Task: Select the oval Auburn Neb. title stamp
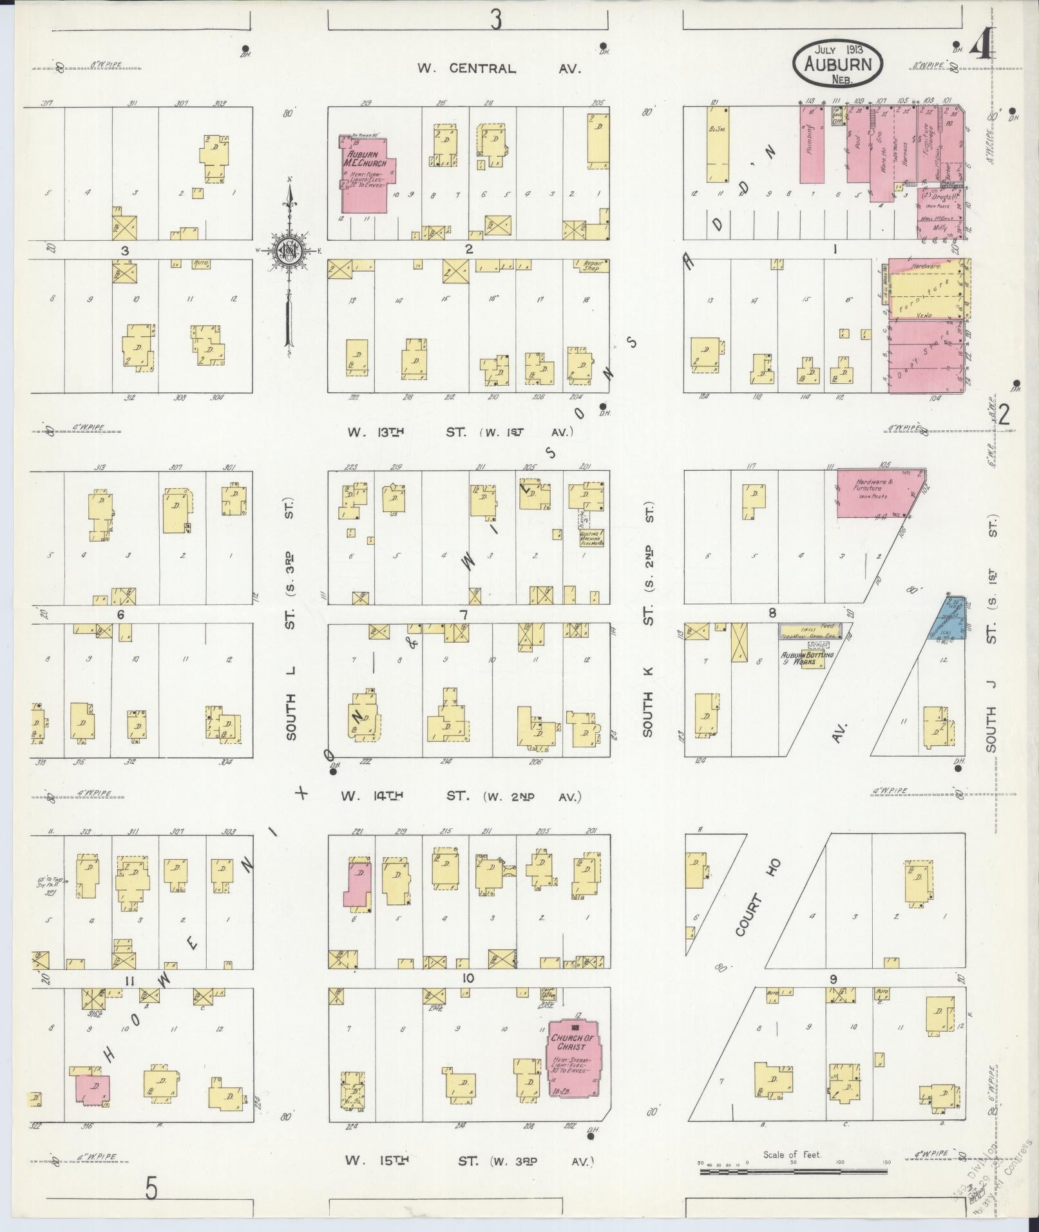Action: tap(838, 64)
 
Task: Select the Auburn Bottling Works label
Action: tap(806, 658)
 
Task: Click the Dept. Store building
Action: tap(928, 357)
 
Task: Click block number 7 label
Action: tap(463, 615)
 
